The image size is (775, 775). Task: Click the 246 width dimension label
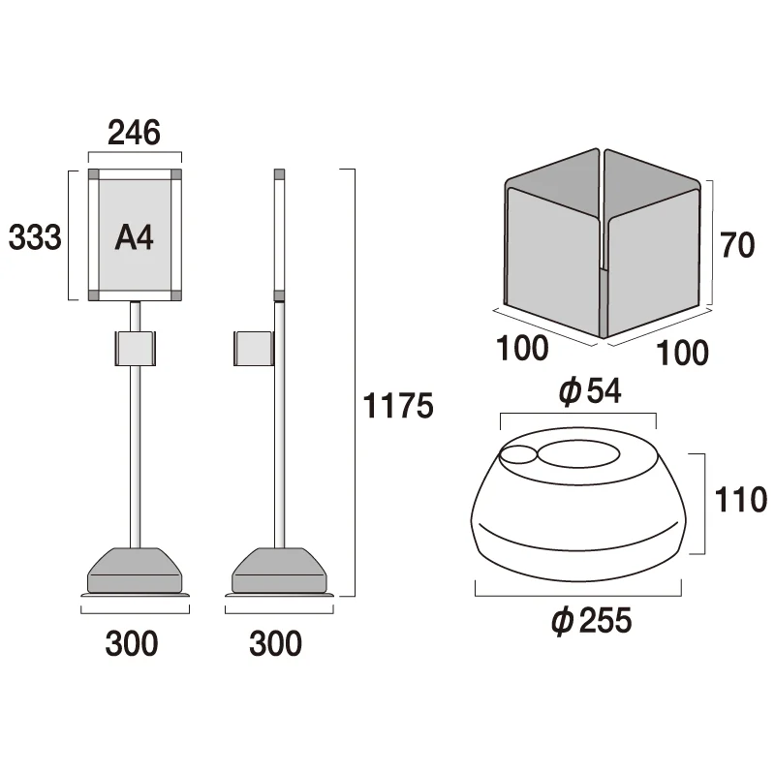(x=134, y=133)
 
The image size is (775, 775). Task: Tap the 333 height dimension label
(x=35, y=236)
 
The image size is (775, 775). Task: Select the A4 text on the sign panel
(x=134, y=237)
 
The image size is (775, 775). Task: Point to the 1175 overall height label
(x=398, y=406)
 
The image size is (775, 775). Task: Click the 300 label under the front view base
(x=132, y=643)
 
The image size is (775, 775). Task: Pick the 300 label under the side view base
(x=275, y=643)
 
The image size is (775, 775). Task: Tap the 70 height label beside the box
(x=737, y=245)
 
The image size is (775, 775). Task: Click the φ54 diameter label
(x=590, y=391)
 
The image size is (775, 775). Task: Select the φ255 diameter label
(x=592, y=620)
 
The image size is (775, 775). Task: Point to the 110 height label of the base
(x=741, y=500)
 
